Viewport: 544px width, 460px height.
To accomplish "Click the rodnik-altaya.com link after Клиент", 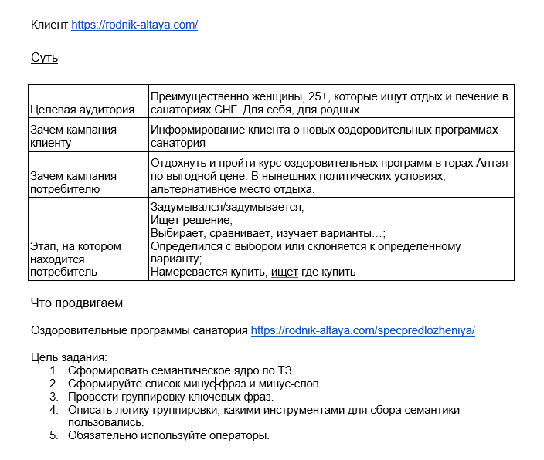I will (x=134, y=25).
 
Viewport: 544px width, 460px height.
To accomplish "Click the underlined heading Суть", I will (x=44, y=58).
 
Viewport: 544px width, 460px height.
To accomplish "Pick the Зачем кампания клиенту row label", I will (x=73, y=136).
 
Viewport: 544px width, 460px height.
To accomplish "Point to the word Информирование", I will (x=193, y=130).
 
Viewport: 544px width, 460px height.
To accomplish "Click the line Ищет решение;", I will (x=185, y=220).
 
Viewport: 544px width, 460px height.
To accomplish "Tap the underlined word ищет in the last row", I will (x=284, y=272).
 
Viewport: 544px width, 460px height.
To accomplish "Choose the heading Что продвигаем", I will (x=76, y=303).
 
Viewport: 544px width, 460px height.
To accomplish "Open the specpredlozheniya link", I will (x=363, y=330).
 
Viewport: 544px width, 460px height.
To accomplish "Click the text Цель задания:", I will (x=69, y=357).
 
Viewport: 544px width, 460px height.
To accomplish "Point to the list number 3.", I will (x=54, y=397).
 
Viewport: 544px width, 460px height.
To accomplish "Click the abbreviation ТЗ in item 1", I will (x=286, y=370).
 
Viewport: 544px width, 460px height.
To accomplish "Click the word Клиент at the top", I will (x=49, y=25).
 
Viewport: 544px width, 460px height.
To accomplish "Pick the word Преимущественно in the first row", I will (x=197, y=96).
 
